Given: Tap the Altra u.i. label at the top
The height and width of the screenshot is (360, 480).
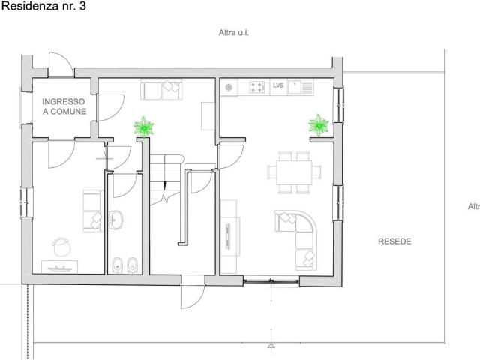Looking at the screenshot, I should coord(233,34).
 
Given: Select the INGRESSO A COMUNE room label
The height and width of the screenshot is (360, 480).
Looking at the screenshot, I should coord(64,106).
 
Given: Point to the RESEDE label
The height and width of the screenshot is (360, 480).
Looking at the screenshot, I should coord(394,241).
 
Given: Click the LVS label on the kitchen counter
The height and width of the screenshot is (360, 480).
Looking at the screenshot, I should coord(278,86).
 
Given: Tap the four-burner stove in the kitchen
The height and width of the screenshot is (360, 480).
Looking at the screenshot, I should coord(257,87).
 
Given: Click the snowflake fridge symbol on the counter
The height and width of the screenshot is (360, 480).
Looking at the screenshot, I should coord(229,87).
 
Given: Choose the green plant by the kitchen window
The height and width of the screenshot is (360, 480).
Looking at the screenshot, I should coord(319,124).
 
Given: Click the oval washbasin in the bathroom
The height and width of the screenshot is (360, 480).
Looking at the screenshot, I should coord(116,220).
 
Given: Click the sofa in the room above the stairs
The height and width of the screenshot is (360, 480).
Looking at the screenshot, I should coord(162,89).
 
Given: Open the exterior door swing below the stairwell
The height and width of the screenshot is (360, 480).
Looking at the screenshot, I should coord(190,296).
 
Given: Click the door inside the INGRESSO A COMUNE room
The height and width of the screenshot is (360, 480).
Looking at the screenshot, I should coord(105,109).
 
